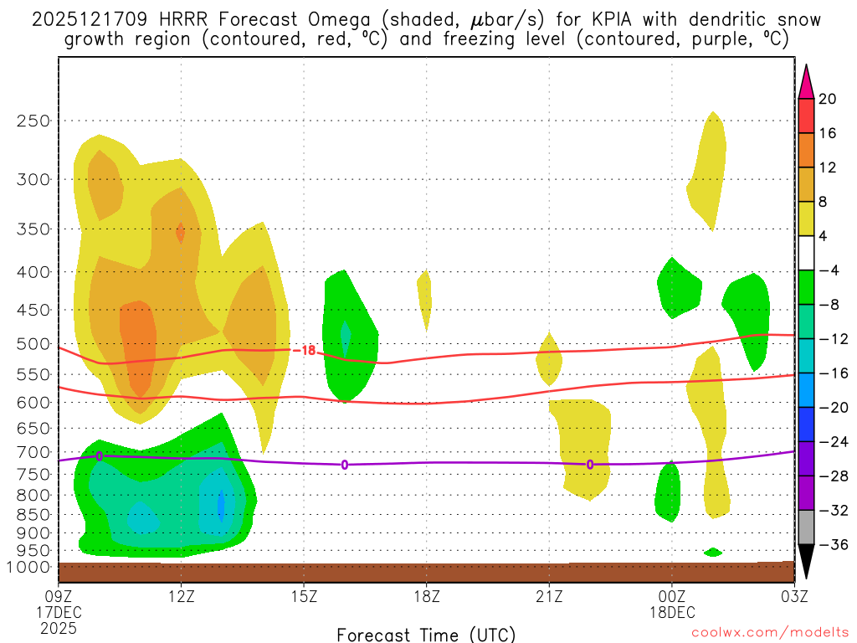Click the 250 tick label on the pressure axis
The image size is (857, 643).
click(33, 121)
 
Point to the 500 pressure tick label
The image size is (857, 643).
click(33, 343)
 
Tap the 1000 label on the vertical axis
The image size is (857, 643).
click(30, 567)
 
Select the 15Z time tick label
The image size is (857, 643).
click(304, 596)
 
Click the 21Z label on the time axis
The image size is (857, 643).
click(549, 596)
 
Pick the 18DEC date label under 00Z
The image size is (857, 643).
click(672, 612)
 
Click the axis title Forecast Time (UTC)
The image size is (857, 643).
click(426, 634)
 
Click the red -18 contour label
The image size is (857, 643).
click(308, 350)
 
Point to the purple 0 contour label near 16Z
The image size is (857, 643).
click(345, 465)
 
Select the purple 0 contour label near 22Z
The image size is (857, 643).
click(590, 465)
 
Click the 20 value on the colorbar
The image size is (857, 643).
click(827, 99)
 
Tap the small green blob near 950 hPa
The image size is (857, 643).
click(713, 552)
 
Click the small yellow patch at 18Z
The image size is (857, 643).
click(424, 300)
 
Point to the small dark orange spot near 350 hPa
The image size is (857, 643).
click(180, 232)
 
